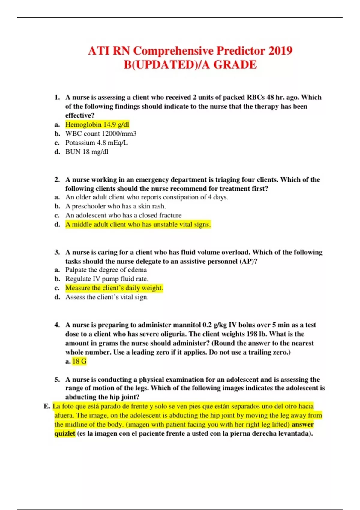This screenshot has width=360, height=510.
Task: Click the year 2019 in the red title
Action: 280,51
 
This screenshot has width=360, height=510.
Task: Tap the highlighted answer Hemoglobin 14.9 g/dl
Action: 97,124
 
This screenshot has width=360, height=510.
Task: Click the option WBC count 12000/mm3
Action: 101,133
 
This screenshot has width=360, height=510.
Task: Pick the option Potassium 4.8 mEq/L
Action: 97,142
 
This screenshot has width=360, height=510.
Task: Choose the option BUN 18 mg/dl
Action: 87,152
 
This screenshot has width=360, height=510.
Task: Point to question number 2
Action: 57,179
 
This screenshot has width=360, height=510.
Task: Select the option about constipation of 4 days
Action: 147,197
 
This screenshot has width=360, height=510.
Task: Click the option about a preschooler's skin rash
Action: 115,206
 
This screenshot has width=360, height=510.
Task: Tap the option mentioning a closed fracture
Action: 123,215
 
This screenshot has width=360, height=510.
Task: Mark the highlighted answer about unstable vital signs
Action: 138,224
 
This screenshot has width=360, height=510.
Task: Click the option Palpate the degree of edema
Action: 106,270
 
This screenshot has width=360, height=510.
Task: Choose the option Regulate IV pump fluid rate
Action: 107,279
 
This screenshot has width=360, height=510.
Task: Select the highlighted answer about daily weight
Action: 114,288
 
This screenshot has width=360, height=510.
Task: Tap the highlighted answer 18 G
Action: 79,361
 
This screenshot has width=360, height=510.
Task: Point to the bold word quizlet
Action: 65,433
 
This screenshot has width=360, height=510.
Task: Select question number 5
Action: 57,379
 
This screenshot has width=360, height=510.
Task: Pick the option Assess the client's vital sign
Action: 107,297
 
